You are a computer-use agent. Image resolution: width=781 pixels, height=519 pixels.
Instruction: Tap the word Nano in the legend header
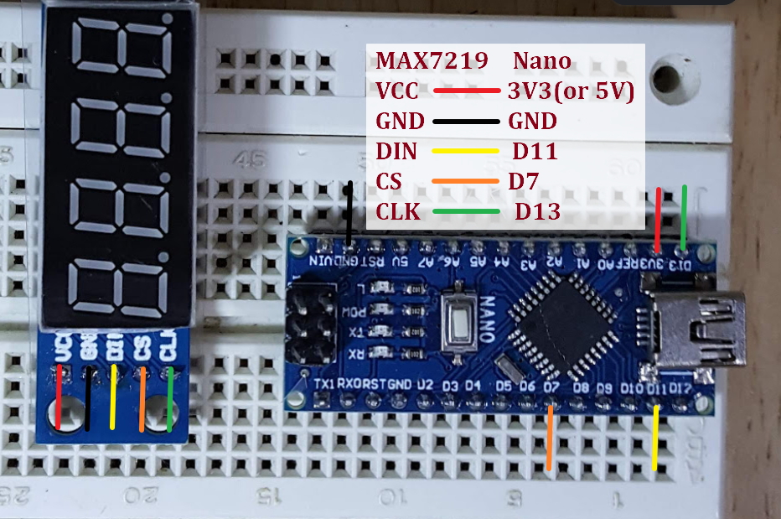point(541,61)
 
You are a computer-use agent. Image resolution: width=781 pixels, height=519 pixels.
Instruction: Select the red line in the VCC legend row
point(467,91)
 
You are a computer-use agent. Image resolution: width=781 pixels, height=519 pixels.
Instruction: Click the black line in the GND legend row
point(466,122)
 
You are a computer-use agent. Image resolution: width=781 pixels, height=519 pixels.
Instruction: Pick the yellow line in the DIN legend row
point(465,152)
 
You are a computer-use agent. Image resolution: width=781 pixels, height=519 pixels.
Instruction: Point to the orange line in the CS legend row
point(464,181)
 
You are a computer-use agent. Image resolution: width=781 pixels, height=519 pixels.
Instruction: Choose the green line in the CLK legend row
point(466,211)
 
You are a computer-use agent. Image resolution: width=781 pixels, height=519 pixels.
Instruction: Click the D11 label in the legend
point(535,152)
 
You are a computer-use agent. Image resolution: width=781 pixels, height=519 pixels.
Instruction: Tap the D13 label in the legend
point(537,212)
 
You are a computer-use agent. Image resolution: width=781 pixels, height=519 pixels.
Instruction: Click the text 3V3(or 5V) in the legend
point(570,91)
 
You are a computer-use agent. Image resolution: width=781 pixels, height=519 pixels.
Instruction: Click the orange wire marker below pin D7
point(549,437)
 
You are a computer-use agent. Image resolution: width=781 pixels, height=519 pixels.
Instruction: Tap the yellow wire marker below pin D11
point(655,437)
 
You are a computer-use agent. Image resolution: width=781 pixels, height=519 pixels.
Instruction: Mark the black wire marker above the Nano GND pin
point(349,210)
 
